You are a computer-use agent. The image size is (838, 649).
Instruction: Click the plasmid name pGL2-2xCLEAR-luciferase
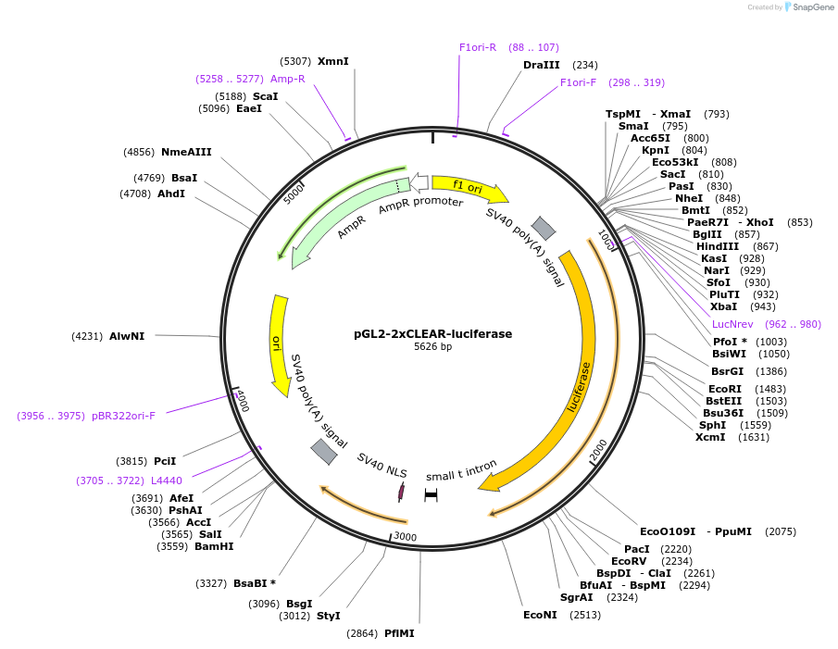pos(432,333)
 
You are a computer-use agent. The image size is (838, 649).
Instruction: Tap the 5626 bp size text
pos(432,347)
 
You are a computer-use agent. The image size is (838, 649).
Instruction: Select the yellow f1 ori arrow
pos(468,188)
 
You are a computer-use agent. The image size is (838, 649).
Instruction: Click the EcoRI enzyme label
pos(725,388)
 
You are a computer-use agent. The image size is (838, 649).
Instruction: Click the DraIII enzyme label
pos(541,65)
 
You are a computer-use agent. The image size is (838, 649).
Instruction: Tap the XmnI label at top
pos(333,61)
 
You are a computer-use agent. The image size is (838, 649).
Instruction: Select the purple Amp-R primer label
pos(288,79)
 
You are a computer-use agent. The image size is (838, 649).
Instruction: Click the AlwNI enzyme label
pos(127,336)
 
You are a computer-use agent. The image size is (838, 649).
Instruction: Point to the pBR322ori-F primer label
pos(123,416)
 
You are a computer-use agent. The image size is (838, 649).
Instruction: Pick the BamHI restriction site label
pos(214,546)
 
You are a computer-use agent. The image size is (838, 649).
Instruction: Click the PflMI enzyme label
pos(399,633)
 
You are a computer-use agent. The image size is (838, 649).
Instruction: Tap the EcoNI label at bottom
pos(540,614)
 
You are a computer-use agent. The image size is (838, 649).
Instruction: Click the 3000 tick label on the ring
pos(405,536)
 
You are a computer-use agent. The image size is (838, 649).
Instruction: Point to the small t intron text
pos(461,470)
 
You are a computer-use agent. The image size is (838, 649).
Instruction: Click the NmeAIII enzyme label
pos(186,152)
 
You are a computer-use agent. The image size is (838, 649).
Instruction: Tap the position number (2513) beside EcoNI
pos(584,614)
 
